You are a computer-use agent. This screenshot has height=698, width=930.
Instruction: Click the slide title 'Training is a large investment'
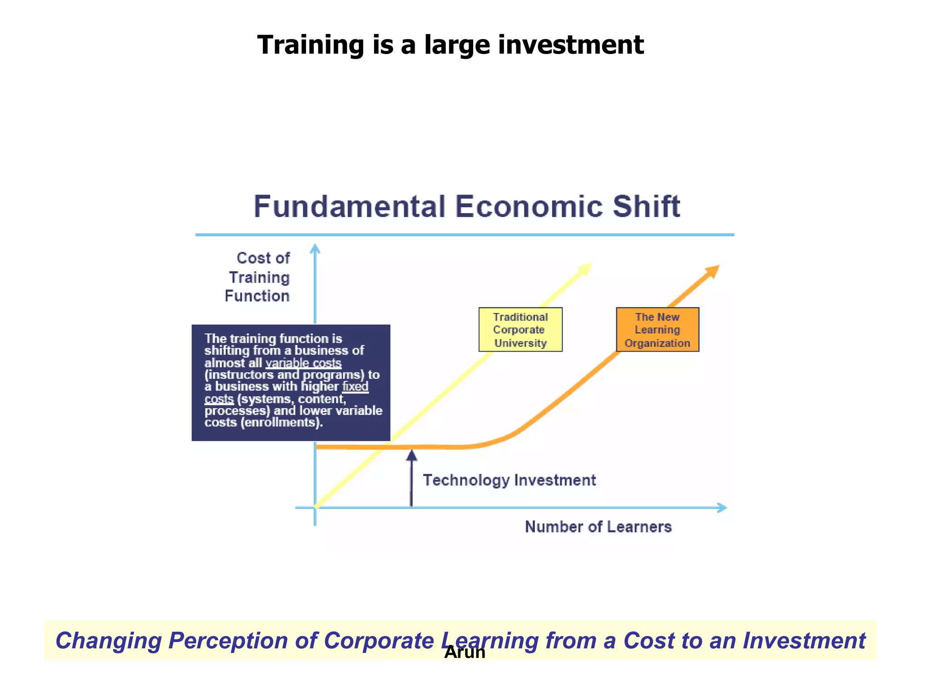point(450,45)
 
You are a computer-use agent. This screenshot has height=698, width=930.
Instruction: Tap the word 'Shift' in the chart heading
point(646,207)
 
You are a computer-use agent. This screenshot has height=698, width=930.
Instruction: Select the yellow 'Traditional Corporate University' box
point(520,329)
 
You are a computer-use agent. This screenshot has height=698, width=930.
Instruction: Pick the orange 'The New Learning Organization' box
point(657,329)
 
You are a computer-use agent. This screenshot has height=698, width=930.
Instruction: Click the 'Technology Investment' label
point(509,480)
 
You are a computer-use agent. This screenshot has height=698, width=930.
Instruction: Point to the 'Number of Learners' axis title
point(598,527)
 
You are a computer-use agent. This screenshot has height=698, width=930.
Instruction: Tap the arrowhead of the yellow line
point(586,269)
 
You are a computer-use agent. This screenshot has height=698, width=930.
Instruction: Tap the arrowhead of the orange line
point(713,271)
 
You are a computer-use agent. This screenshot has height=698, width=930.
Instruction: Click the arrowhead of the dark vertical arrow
point(411,455)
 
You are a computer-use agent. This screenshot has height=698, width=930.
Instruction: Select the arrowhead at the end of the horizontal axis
point(722,508)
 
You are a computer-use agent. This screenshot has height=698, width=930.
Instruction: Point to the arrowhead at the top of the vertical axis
point(315,249)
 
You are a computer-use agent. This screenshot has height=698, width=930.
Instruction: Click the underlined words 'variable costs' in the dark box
point(303,363)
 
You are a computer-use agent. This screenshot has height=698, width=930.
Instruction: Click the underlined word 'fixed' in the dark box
point(355,387)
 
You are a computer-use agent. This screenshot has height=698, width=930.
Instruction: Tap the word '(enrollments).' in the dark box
point(282,423)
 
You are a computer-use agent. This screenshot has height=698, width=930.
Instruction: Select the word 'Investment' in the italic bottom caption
point(804,641)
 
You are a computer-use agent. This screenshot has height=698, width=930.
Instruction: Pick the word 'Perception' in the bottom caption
point(228,641)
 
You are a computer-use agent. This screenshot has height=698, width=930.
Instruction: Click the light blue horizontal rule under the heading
point(465,235)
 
